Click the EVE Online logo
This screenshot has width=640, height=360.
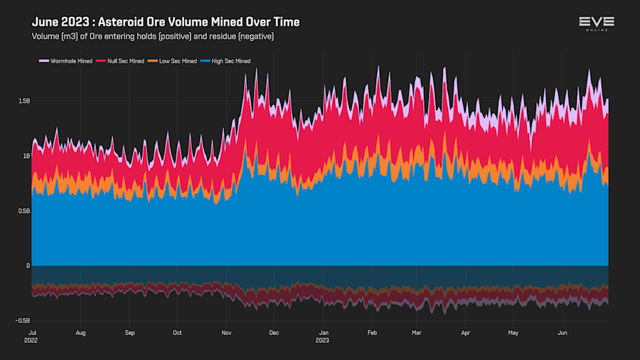tap(596, 23)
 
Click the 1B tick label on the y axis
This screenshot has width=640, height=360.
tap(25, 156)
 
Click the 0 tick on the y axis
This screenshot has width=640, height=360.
tap(28, 266)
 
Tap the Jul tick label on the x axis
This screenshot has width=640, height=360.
tap(32, 332)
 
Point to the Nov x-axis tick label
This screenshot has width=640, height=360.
tap(227, 332)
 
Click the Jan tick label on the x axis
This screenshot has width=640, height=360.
tap(324, 332)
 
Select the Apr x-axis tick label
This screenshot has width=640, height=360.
tap(466, 332)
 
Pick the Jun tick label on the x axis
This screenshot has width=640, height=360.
tap(562, 332)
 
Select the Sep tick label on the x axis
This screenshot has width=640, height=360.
tap(129, 332)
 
